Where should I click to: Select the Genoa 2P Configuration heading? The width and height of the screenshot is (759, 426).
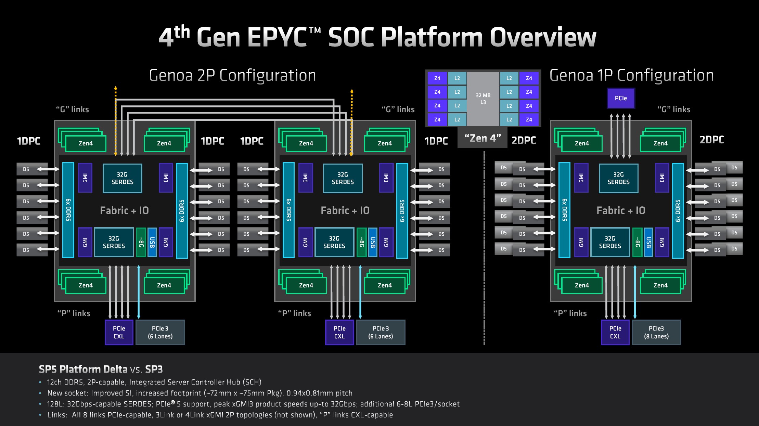coord(232,76)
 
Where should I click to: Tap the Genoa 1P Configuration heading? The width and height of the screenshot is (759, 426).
coord(631,76)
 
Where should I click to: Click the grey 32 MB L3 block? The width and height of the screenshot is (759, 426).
coord(483,99)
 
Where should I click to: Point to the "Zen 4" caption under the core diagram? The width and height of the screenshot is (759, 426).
coord(483,139)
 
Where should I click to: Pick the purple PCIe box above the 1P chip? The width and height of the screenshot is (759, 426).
coord(621,98)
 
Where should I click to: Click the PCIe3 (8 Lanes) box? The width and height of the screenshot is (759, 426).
coord(656,332)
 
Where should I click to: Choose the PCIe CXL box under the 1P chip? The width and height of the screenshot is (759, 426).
coord(615,332)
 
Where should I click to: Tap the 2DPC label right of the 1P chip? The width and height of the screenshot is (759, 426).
coord(712,140)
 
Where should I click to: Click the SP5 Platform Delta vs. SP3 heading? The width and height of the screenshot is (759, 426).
coord(101,369)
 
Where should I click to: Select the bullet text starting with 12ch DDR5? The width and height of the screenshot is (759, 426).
coord(154,382)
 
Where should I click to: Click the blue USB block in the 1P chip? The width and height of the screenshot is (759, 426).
coord(648,242)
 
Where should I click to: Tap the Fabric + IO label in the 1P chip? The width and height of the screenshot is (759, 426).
coord(621,210)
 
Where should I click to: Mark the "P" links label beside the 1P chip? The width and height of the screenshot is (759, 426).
coord(570,313)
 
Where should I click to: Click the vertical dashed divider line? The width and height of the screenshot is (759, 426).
coord(484,246)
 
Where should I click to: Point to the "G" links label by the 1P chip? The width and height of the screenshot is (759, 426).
coord(674,109)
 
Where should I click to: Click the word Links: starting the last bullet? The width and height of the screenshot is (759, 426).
coord(57,415)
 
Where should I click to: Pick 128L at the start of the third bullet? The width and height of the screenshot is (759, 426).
coord(55,404)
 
